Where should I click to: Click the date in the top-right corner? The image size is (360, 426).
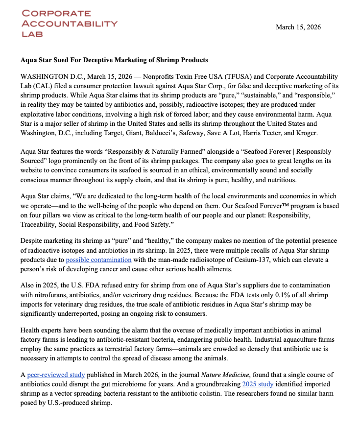click(298, 27)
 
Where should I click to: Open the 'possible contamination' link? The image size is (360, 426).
click(98, 260)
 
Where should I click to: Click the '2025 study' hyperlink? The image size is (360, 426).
click(258, 384)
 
